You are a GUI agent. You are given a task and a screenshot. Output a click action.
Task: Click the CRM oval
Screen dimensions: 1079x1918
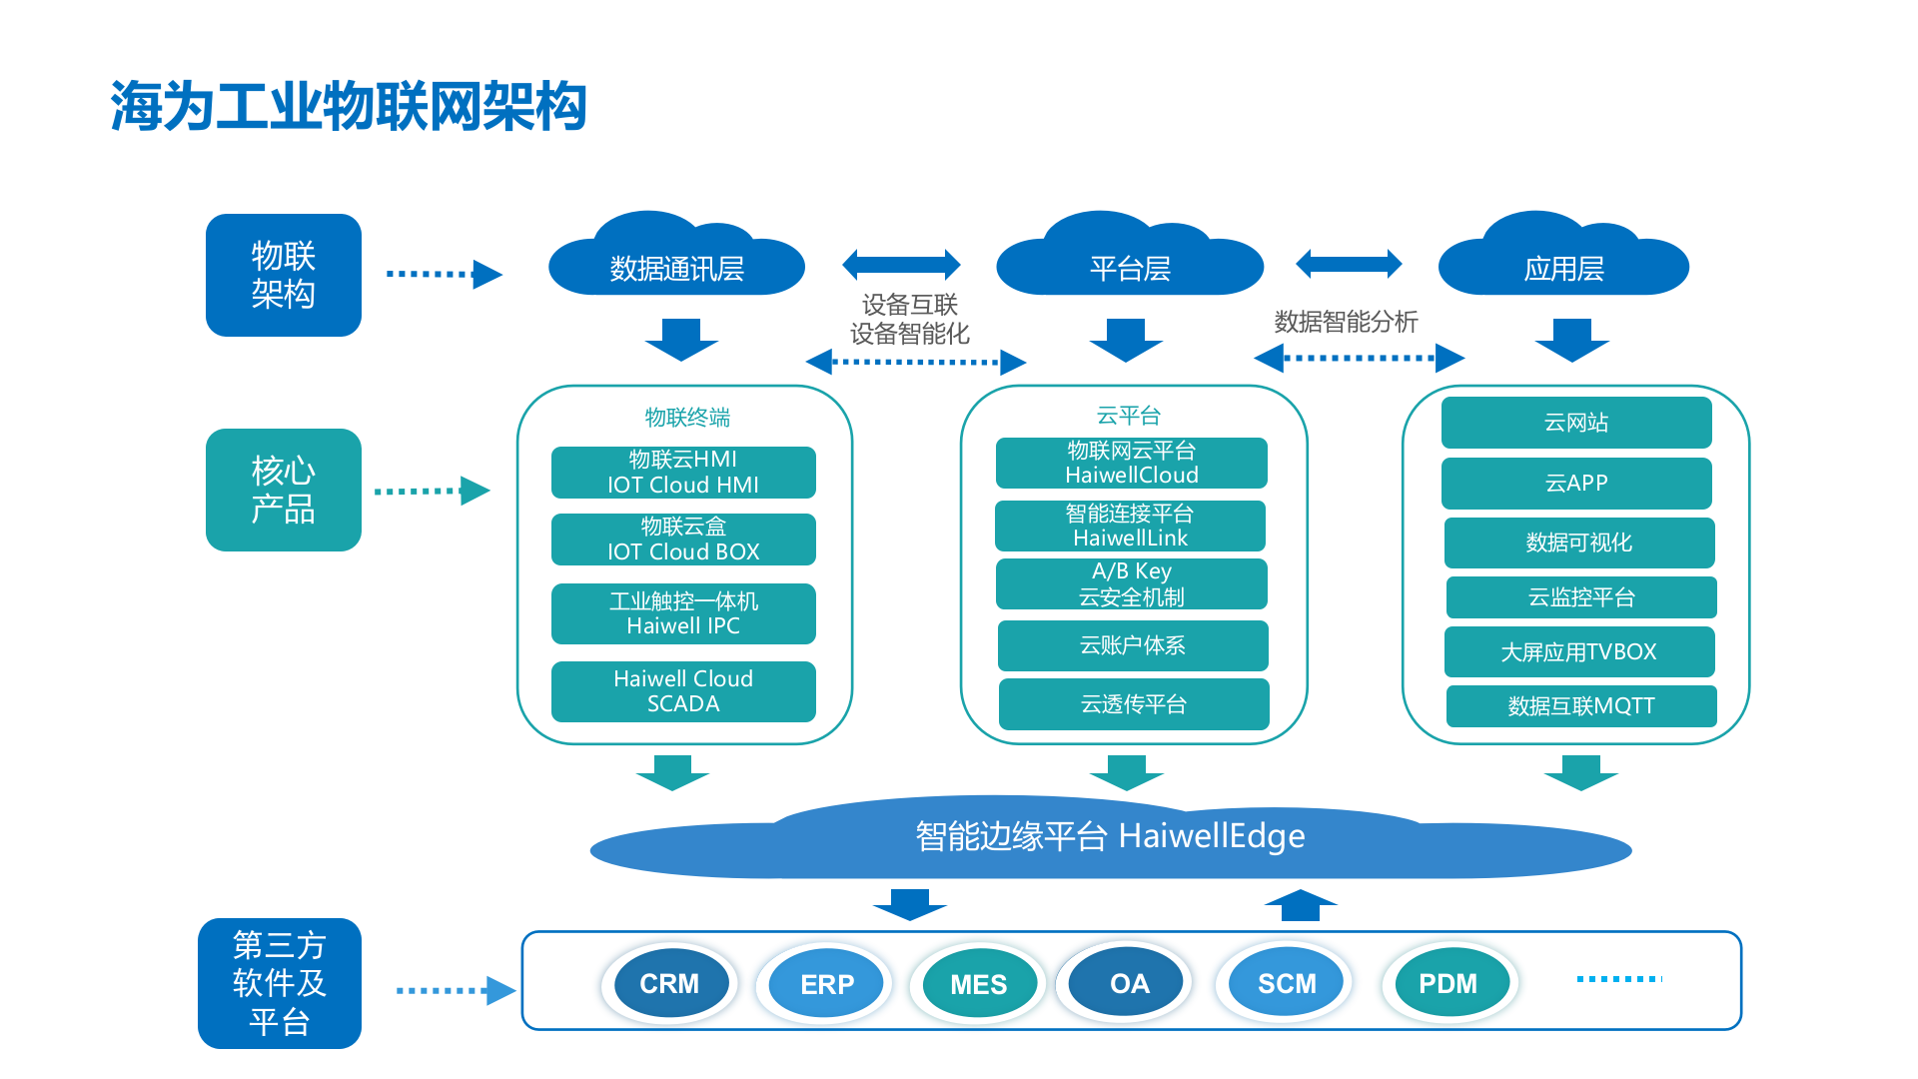pyautogui.click(x=669, y=984)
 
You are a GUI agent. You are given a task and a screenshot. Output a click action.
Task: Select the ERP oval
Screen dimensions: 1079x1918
pyautogui.click(x=826, y=984)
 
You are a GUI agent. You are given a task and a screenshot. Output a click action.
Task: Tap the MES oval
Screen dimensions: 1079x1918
pyautogui.click(x=978, y=984)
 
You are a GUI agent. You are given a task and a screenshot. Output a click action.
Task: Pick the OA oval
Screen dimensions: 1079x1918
pyautogui.click(x=1129, y=984)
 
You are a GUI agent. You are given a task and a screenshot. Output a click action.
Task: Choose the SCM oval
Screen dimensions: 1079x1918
pyautogui.click(x=1286, y=984)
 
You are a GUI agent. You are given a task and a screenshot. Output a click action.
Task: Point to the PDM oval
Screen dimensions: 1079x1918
pyautogui.click(x=1447, y=984)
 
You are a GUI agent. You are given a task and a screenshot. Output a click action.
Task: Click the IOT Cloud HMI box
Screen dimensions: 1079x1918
pyautogui.click(x=683, y=473)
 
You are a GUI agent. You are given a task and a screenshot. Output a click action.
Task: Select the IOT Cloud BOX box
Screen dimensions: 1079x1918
pyautogui.click(x=683, y=539)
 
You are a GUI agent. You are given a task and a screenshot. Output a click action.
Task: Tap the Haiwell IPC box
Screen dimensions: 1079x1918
pyautogui.click(x=683, y=613)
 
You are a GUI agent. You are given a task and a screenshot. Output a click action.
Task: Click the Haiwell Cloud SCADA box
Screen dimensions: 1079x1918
pyautogui.click(x=683, y=691)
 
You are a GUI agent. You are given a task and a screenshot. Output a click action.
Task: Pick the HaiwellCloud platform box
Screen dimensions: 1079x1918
pyautogui.click(x=1131, y=464)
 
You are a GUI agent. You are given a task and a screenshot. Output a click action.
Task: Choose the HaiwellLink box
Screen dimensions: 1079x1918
pyautogui.click(x=1130, y=526)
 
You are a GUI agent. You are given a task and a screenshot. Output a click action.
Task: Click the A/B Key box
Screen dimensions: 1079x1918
pyautogui.click(x=1131, y=584)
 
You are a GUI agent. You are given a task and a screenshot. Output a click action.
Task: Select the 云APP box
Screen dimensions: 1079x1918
pyautogui.click(x=1576, y=484)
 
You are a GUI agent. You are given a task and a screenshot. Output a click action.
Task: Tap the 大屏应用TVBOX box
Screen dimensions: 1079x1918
pyautogui.click(x=1579, y=652)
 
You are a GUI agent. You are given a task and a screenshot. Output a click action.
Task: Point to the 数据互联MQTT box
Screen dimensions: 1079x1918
pyautogui.click(x=1581, y=706)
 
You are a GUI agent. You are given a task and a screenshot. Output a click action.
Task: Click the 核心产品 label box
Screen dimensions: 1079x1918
pyautogui.click(x=284, y=490)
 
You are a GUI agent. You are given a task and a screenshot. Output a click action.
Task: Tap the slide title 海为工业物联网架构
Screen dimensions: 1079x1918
pyautogui.click(x=348, y=106)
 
